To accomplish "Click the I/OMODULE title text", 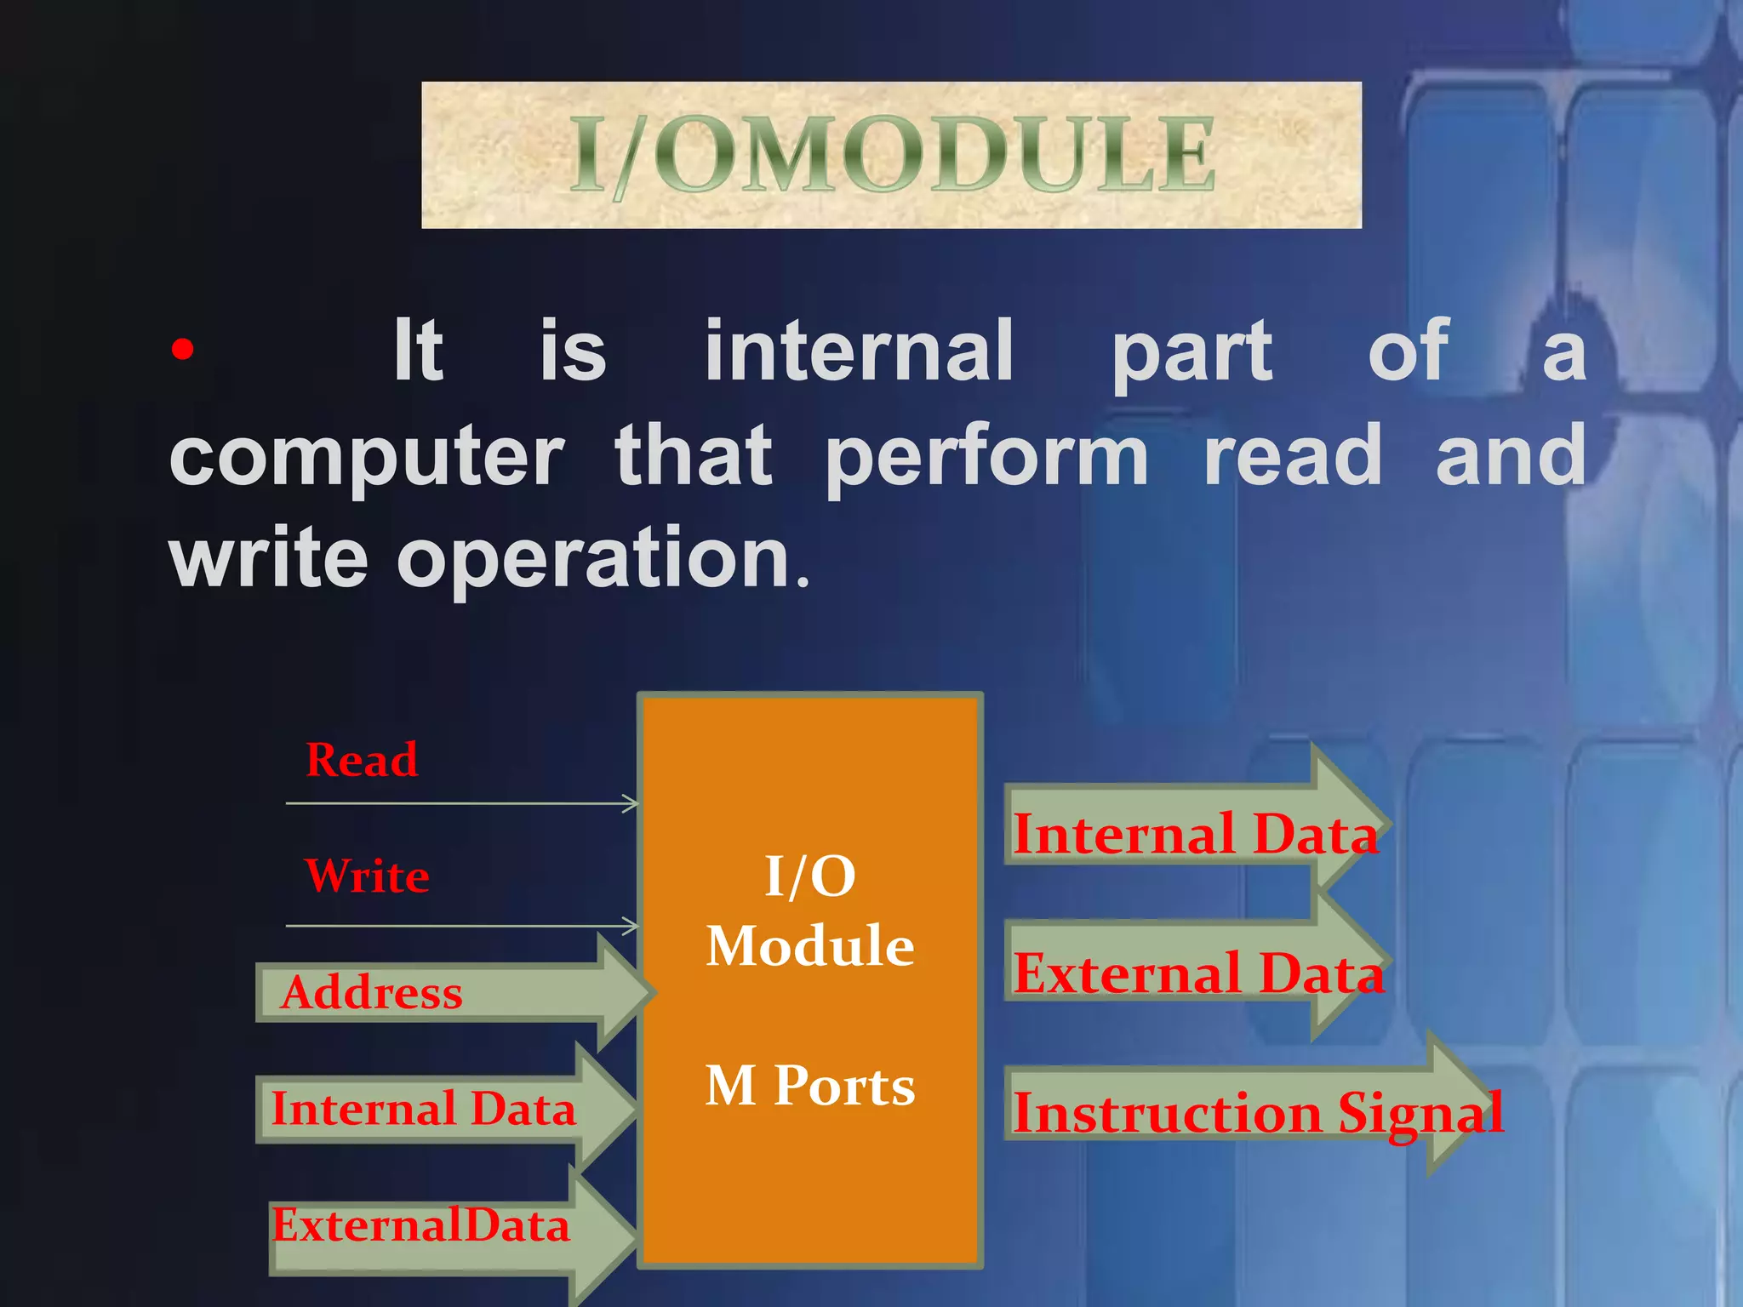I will coord(891,155).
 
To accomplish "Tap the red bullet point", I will coord(182,350).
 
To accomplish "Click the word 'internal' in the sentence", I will coord(859,351).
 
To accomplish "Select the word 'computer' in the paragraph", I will coord(366,458).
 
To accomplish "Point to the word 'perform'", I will coord(987,458).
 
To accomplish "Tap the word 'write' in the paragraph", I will coord(269,558).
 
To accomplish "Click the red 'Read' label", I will coord(362,760).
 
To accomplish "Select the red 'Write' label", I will coord(367,876).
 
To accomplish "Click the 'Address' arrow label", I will coord(372,993).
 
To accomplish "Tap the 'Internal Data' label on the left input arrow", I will coord(423,1109).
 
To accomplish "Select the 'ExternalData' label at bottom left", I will coord(420,1225).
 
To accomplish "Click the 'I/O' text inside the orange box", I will coord(810,876).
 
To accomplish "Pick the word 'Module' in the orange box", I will coord(810,946).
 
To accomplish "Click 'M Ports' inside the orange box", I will coord(810,1086).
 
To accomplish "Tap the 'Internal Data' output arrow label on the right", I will coord(1195,834).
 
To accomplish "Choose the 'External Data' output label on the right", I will coord(1198,973).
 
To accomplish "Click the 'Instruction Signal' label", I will coord(1258,1113).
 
